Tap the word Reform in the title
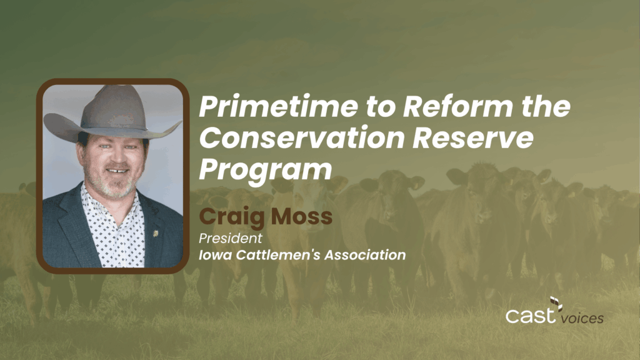tap(457, 106)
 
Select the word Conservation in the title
tap(302, 138)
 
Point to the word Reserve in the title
tap(472, 138)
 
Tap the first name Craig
tap(232, 217)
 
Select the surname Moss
tap(302, 216)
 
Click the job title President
tap(231, 238)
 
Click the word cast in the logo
tap(531, 316)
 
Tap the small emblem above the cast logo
tap(556, 303)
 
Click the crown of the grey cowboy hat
tap(114, 106)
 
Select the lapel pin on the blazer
tap(155, 234)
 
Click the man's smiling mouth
tap(116, 170)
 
